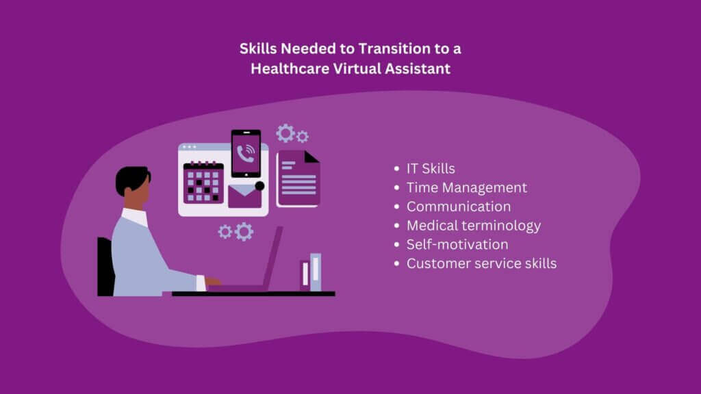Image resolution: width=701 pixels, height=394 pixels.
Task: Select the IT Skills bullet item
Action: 431,169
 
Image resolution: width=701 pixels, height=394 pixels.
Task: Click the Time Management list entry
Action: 467,187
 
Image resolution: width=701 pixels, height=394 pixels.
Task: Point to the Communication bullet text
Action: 459,207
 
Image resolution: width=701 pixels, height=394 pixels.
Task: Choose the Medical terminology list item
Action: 474,225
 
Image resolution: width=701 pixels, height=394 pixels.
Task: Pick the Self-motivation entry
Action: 457,244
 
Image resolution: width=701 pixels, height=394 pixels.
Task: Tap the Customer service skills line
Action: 481,263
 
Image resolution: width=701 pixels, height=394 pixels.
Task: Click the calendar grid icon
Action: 203,183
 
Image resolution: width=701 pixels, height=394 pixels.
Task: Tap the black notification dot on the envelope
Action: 259,185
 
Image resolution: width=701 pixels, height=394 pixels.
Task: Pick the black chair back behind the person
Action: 105,267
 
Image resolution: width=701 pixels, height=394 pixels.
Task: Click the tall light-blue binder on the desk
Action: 315,272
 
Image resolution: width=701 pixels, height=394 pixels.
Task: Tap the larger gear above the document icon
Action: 285,133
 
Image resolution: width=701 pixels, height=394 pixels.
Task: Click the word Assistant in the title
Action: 416,68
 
